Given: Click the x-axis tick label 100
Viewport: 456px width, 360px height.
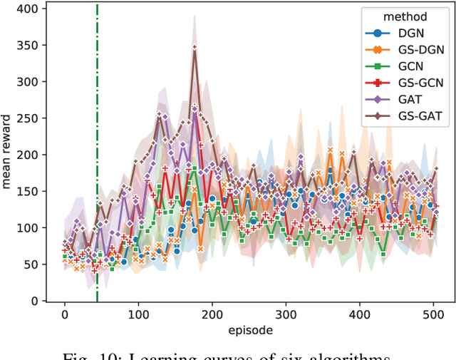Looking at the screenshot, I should (138, 314).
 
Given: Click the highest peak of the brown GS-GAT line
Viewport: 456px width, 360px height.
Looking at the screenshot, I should (194, 48).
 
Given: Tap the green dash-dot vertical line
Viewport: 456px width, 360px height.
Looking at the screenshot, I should (98, 178).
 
